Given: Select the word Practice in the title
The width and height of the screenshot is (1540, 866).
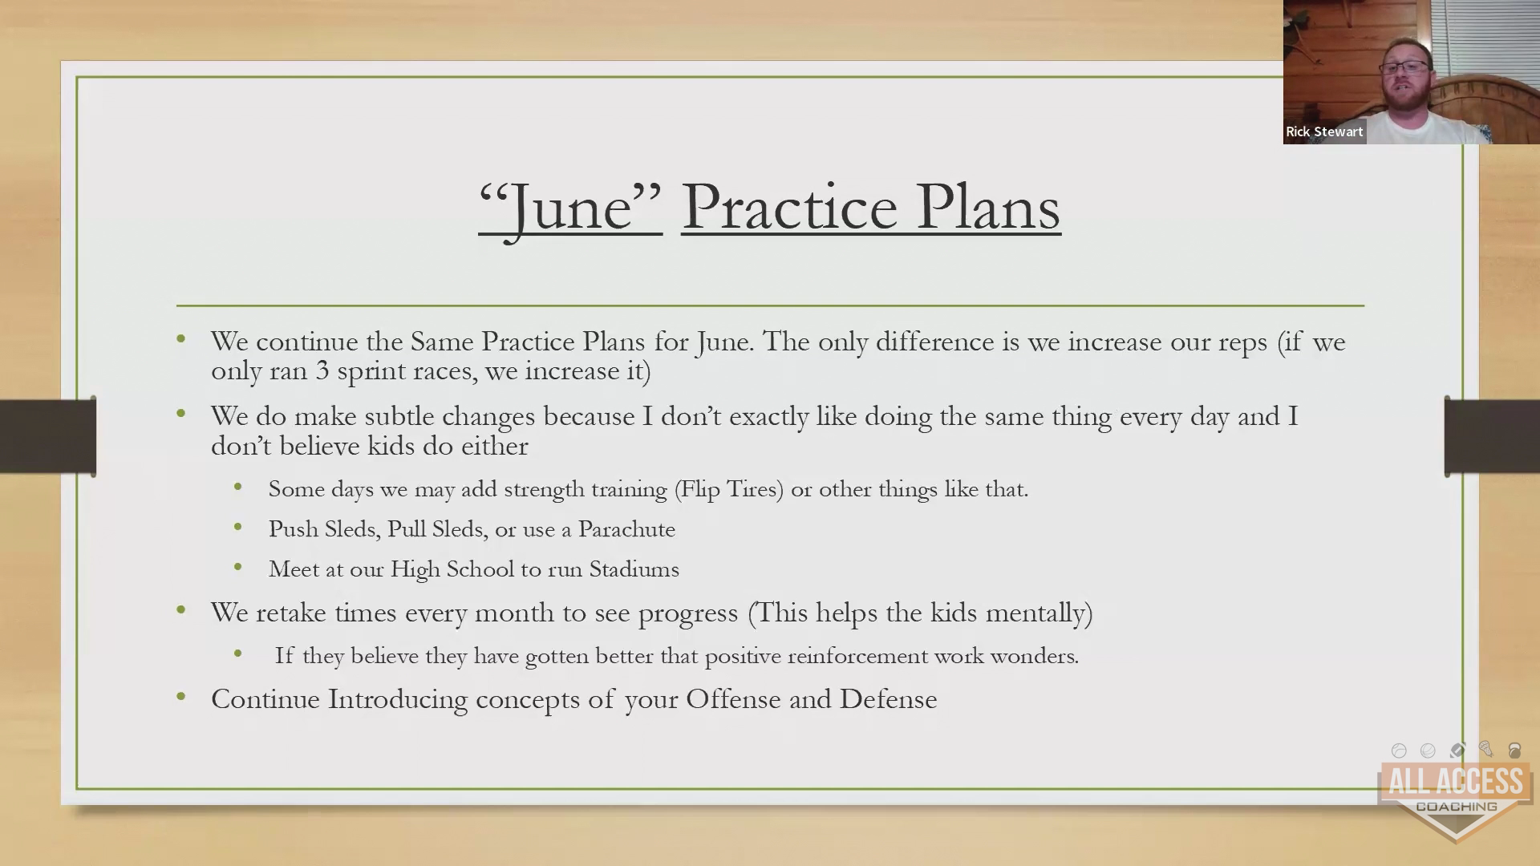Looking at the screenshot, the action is pos(789,207).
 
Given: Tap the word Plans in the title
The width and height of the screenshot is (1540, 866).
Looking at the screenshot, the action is pos(989,206).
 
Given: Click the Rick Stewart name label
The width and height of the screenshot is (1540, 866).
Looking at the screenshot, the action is pos(1324,132).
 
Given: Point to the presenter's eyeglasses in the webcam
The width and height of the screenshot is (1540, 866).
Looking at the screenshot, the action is pos(1405,67).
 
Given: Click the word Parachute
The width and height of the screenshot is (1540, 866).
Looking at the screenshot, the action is pos(626,529).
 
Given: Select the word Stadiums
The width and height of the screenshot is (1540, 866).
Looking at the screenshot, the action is pos(634,569).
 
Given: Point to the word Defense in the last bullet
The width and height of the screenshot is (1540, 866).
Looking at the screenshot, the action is pos(888,699).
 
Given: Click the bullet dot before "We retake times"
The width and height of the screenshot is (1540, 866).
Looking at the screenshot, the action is pos(181,610).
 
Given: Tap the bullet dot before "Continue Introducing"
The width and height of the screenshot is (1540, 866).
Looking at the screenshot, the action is pos(181,697).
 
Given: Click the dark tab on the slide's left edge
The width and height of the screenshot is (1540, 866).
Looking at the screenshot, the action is pos(48,435).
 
